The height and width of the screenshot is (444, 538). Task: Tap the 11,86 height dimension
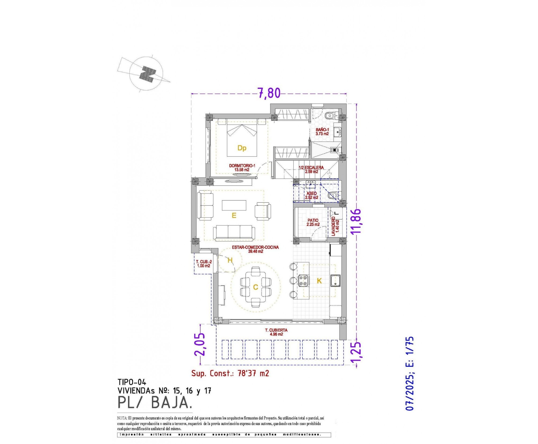coord(356,221)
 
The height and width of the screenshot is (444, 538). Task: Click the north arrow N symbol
coord(148,74)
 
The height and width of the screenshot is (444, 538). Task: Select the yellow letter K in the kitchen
coord(319,281)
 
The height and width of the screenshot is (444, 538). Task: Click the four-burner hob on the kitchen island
coord(304,280)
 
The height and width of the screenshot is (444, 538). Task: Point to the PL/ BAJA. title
coord(154,403)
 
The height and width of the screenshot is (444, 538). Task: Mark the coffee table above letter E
coord(234,205)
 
